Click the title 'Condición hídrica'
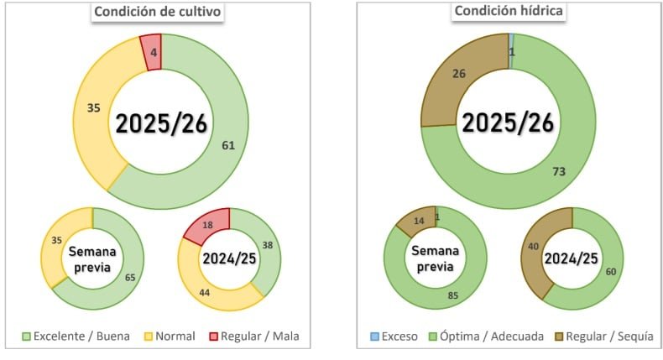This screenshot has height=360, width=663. [509, 11]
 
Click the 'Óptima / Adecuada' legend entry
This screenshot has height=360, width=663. [490, 337]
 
